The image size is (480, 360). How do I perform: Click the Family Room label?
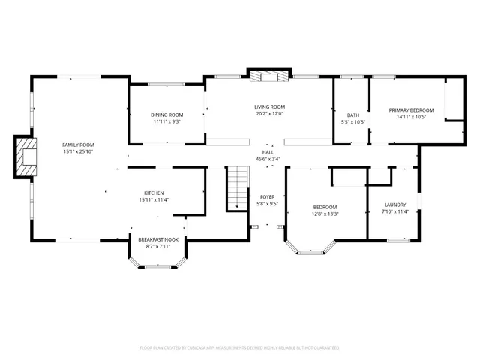(x=78, y=144)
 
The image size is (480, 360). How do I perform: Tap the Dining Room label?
(x=166, y=114)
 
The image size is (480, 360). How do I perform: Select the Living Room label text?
(x=269, y=106)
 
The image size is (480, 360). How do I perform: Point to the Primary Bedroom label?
(x=407, y=109)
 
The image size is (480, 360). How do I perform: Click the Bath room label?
(x=352, y=115)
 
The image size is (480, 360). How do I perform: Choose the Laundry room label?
(x=394, y=205)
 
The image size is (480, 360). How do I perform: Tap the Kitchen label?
(x=154, y=193)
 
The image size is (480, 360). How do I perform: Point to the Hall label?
(x=268, y=151)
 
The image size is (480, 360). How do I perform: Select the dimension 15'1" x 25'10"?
(x=78, y=151)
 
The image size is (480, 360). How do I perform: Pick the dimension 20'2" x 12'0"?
(x=269, y=114)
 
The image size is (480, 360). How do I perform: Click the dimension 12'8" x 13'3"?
(x=325, y=214)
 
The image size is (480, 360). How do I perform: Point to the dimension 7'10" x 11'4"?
(x=394, y=211)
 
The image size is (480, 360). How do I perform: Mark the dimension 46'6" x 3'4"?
(x=268, y=159)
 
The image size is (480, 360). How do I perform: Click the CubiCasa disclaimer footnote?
(x=239, y=347)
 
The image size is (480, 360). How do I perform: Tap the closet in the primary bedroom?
(x=453, y=97)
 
